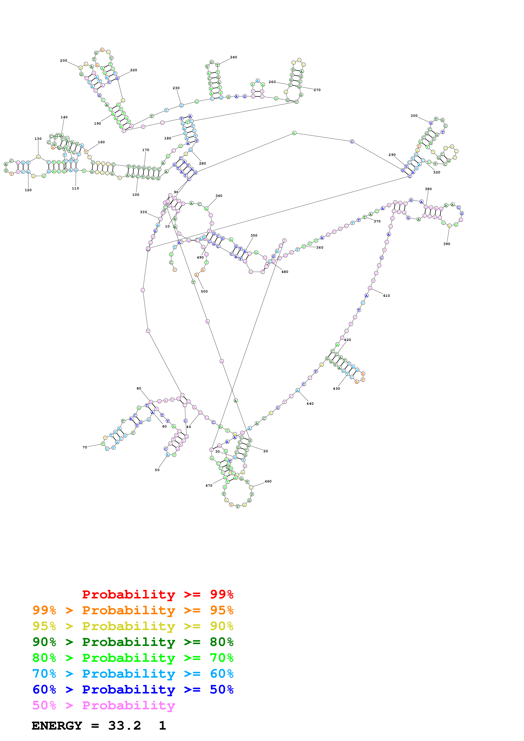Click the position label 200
64,61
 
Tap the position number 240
234,57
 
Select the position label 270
317,90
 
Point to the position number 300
414,116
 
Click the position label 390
446,244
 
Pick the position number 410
386,296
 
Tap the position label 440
310,403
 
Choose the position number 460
268,481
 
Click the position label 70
85,447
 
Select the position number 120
28,190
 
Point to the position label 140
64,117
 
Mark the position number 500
204,291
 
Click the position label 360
320,248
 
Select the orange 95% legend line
133,610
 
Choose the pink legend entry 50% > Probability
103,705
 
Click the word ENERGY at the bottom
57,726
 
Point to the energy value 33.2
125,726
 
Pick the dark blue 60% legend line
133,689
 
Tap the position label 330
143,212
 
